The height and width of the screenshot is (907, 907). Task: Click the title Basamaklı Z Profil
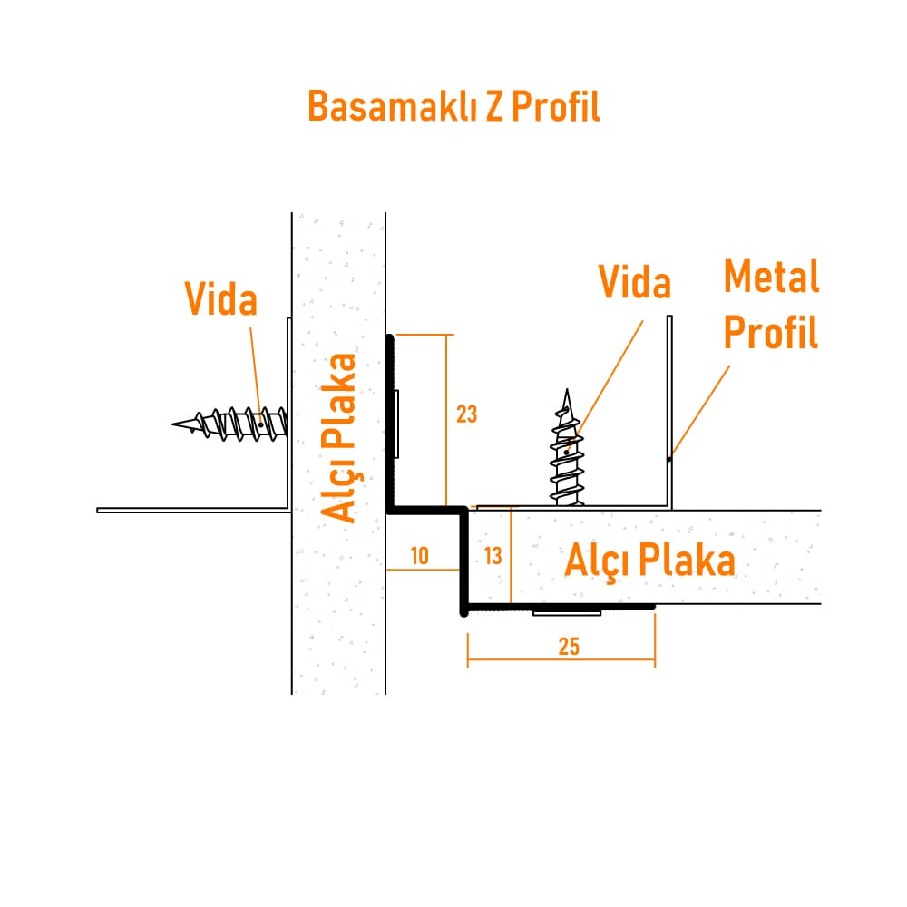pyautogui.click(x=453, y=106)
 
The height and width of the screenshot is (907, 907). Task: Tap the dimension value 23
pyautogui.click(x=466, y=414)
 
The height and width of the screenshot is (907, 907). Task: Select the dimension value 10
pyautogui.click(x=419, y=556)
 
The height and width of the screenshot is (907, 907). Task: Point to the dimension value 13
pyautogui.click(x=493, y=556)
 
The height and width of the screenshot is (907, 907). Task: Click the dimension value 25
pyautogui.click(x=569, y=646)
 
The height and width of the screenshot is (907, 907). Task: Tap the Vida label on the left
pyautogui.click(x=221, y=299)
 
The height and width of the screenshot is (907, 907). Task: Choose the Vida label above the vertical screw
pyautogui.click(x=635, y=282)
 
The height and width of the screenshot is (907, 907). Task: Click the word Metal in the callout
pyautogui.click(x=772, y=277)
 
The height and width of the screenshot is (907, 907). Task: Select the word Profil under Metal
pyautogui.click(x=771, y=332)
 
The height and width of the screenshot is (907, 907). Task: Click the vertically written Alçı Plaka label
pyautogui.click(x=339, y=438)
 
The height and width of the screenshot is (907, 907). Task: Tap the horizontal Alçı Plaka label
pyautogui.click(x=649, y=560)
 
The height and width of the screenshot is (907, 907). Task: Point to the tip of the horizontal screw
pyautogui.click(x=173, y=424)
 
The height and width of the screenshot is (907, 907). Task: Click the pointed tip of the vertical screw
pyautogui.click(x=567, y=390)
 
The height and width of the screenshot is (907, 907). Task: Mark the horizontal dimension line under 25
pyautogui.click(x=561, y=658)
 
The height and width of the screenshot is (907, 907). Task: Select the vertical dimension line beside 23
pyautogui.click(x=446, y=421)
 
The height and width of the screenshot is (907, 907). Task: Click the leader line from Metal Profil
pyautogui.click(x=699, y=413)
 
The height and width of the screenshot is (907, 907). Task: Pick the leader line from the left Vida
pyautogui.click(x=256, y=376)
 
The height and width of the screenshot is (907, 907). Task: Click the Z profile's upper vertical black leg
pyautogui.click(x=390, y=424)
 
